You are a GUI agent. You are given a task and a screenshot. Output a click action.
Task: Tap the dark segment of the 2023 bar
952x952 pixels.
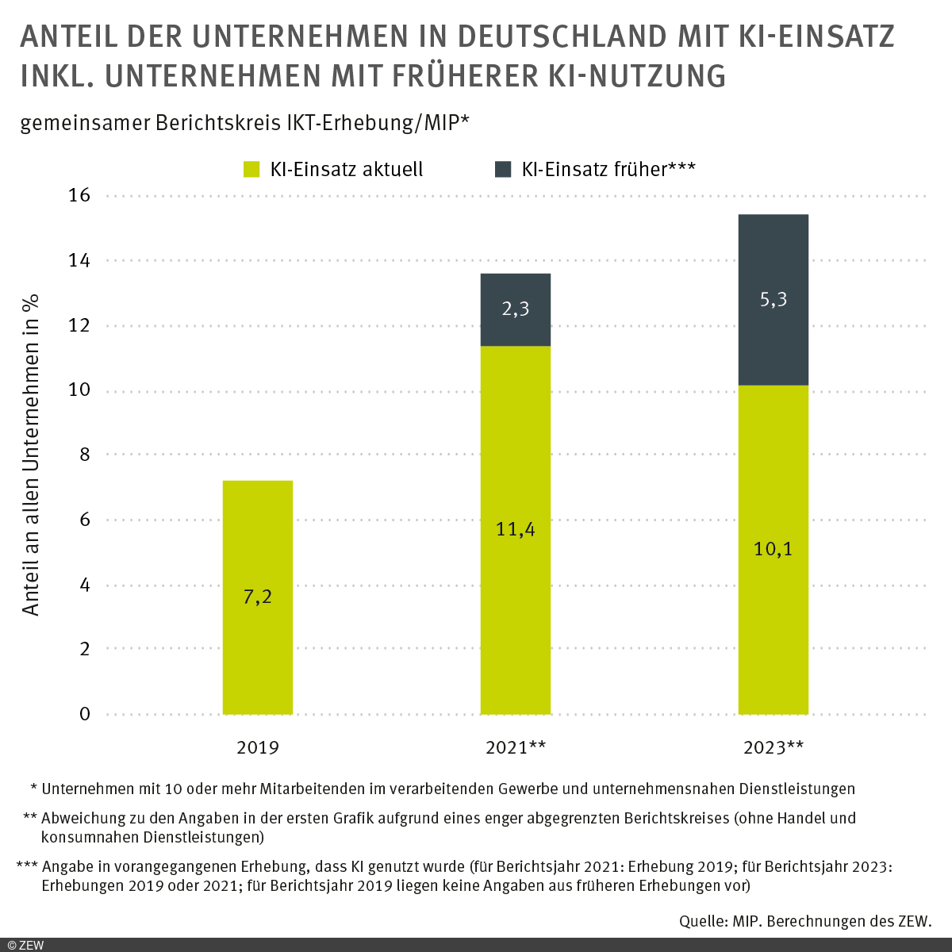pyautogui.click(x=773, y=333)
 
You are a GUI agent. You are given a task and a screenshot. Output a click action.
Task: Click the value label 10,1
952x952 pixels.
pyautogui.click(x=773, y=549)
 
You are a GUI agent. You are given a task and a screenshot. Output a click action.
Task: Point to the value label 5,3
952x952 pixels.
pyautogui.click(x=773, y=300)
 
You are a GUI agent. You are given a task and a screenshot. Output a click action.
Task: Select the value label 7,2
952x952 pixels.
pyautogui.click(x=257, y=597)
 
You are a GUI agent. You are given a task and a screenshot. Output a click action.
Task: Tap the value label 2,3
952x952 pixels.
pyautogui.click(x=515, y=309)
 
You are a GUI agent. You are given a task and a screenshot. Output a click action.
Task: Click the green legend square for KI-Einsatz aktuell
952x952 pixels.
pyautogui.click(x=251, y=169)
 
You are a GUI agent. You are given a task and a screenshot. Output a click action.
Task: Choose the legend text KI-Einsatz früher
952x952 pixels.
pyautogui.click(x=608, y=169)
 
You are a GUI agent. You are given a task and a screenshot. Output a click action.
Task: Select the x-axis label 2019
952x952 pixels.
pyautogui.click(x=257, y=747)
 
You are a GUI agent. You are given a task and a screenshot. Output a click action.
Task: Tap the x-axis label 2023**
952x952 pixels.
pyautogui.click(x=773, y=747)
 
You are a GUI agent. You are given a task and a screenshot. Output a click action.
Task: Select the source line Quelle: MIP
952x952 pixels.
pyautogui.click(x=804, y=921)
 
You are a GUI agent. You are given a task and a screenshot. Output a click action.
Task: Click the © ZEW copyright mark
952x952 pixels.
pyautogui.click(x=25, y=944)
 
